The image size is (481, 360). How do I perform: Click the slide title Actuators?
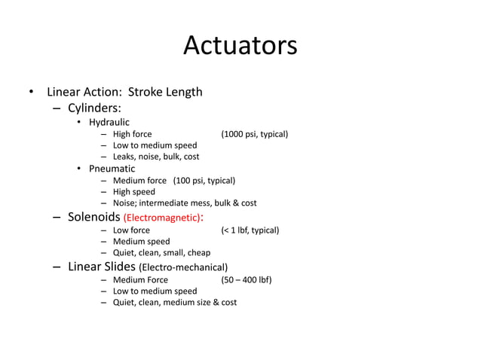click(x=240, y=46)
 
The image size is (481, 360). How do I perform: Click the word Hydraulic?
click(x=109, y=122)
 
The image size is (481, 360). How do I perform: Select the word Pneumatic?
click(x=112, y=169)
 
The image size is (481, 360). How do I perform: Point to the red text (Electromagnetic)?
click(x=161, y=218)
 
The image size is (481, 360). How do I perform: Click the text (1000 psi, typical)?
click(x=254, y=134)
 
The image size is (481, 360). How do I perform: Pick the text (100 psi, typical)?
click(x=204, y=181)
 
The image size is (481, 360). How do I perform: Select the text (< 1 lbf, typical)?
click(x=250, y=230)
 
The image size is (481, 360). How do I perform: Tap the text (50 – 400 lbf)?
click(x=246, y=279)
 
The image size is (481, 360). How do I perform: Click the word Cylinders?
click(x=94, y=108)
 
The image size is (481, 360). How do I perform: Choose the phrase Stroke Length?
click(x=165, y=92)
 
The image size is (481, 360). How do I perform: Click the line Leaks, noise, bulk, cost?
click(x=156, y=157)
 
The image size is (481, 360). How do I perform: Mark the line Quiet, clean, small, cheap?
click(x=161, y=252)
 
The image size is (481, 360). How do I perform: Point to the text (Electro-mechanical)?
click(x=183, y=267)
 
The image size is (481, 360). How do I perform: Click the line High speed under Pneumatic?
click(x=134, y=192)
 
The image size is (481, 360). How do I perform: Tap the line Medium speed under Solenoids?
click(x=141, y=241)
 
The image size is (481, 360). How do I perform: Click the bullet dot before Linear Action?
click(x=31, y=93)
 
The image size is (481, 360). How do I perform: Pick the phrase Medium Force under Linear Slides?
click(x=140, y=279)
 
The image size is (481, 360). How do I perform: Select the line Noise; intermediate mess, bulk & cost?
click(x=185, y=203)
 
